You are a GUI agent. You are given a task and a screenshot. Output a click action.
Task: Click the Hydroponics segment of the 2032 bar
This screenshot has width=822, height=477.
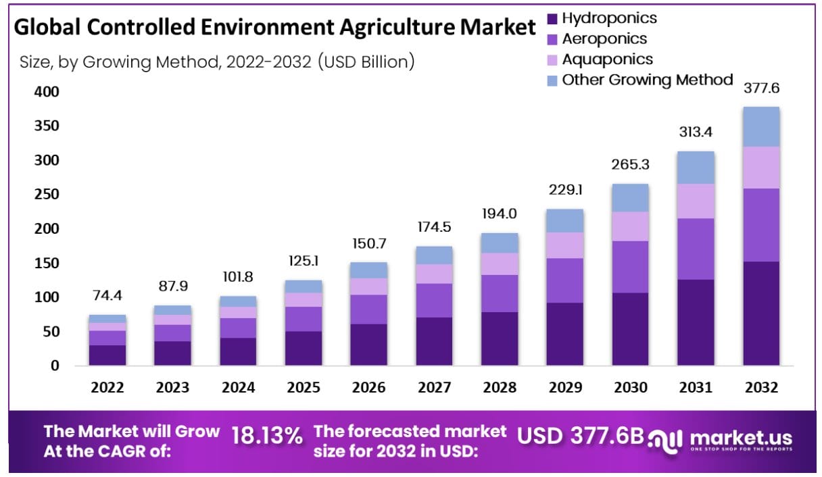(760, 313)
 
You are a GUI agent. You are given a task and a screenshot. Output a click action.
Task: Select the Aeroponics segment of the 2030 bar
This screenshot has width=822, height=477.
(630, 267)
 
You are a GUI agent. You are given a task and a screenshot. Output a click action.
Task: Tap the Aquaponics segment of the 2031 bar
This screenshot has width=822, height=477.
(696, 201)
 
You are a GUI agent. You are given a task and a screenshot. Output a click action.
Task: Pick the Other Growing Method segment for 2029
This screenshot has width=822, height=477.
(565, 221)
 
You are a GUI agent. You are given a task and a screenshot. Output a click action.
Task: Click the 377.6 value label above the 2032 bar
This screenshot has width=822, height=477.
(761, 89)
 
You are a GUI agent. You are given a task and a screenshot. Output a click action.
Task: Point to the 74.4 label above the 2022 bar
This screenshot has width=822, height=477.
(107, 296)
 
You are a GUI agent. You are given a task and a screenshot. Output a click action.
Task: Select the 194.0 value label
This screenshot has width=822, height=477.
(500, 214)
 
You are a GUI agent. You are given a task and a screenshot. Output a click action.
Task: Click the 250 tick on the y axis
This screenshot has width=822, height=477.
(47, 195)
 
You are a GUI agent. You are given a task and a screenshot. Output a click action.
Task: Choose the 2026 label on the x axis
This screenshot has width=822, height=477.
(369, 388)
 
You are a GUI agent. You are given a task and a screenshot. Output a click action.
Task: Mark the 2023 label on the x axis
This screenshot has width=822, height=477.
(173, 388)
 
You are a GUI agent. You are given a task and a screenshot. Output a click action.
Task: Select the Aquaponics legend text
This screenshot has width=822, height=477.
(608, 59)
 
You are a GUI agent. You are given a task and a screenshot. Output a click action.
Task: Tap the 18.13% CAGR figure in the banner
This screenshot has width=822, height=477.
(267, 436)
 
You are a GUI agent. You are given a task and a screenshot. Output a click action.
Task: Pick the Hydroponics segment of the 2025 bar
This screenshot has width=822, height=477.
(304, 348)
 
